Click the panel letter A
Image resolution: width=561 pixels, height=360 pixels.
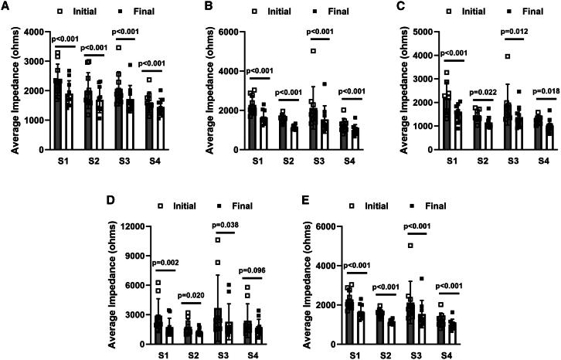click(x=5, y=8)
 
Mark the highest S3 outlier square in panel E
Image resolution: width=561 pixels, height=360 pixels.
click(x=410, y=246)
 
